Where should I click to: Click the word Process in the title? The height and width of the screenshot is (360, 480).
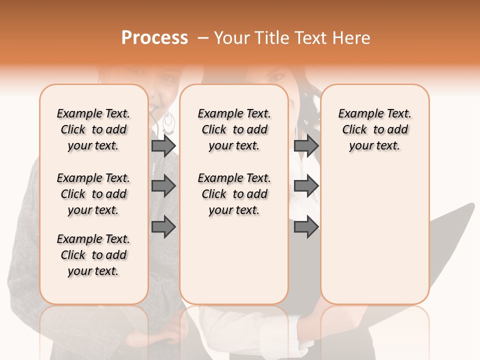coord(154,38)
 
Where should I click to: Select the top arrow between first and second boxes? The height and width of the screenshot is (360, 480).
coord(163,145)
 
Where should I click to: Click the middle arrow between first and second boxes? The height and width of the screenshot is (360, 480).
coord(163,186)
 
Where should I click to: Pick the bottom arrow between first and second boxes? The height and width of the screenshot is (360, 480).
coord(163,227)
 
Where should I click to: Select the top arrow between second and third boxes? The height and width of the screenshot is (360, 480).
coord(306,145)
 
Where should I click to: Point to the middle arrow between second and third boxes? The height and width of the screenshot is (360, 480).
coord(306,186)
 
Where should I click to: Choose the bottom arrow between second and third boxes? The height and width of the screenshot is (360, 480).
coord(306,227)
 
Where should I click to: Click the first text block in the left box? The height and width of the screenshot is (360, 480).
coord(93,129)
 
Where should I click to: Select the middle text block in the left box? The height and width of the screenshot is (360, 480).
coord(93,194)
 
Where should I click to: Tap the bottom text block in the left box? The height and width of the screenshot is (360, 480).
coord(93,255)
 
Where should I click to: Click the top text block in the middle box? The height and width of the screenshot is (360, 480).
coord(234,129)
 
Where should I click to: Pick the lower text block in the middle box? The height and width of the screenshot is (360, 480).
coord(234,194)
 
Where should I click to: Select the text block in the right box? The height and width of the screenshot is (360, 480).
coord(374,129)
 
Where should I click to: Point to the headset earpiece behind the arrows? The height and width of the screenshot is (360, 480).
coord(169,122)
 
